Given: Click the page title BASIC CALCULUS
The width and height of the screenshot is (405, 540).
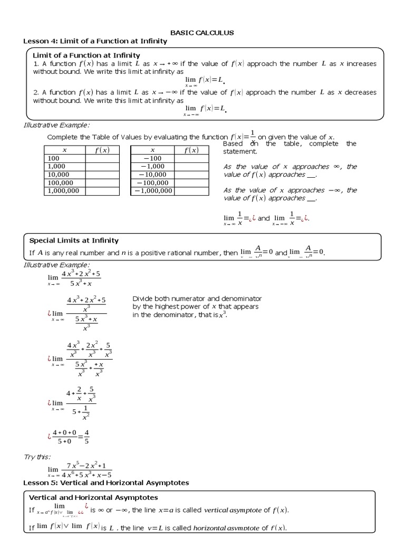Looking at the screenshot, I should point(203,33).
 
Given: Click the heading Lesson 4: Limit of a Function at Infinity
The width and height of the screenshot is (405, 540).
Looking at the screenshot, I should point(95,41).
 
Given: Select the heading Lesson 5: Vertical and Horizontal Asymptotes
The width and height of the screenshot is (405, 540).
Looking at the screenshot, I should point(106,483).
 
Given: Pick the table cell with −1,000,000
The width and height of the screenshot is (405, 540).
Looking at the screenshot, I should point(153,190).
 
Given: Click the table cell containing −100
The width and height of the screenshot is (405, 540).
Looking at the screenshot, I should point(152,158).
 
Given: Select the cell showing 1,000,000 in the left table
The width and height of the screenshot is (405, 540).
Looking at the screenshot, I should point(63,190).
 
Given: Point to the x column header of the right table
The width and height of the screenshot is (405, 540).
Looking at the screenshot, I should point(152,150).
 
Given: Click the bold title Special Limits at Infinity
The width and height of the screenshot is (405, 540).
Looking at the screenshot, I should point(74,240).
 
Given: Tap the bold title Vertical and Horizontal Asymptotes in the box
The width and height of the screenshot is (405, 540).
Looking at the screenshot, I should point(93,497).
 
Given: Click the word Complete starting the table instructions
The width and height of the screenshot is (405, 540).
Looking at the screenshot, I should point(63,137).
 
